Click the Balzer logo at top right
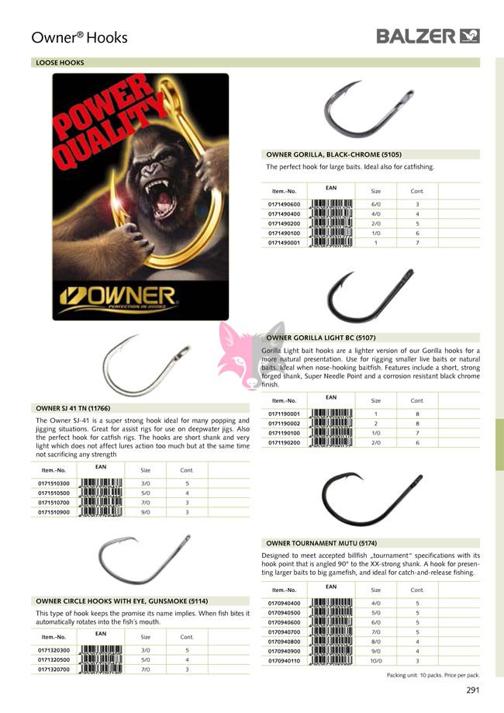pos(428,36)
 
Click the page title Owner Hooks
pos(79,37)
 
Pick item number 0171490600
pos(284,204)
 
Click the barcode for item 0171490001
pos(331,242)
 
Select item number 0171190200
pos(284,442)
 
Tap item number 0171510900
pos(54,512)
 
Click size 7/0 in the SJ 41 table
pos(145,503)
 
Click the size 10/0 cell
pos(376,661)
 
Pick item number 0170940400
pos(284,603)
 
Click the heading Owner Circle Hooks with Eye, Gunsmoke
pos(123,601)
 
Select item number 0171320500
pos(54,659)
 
